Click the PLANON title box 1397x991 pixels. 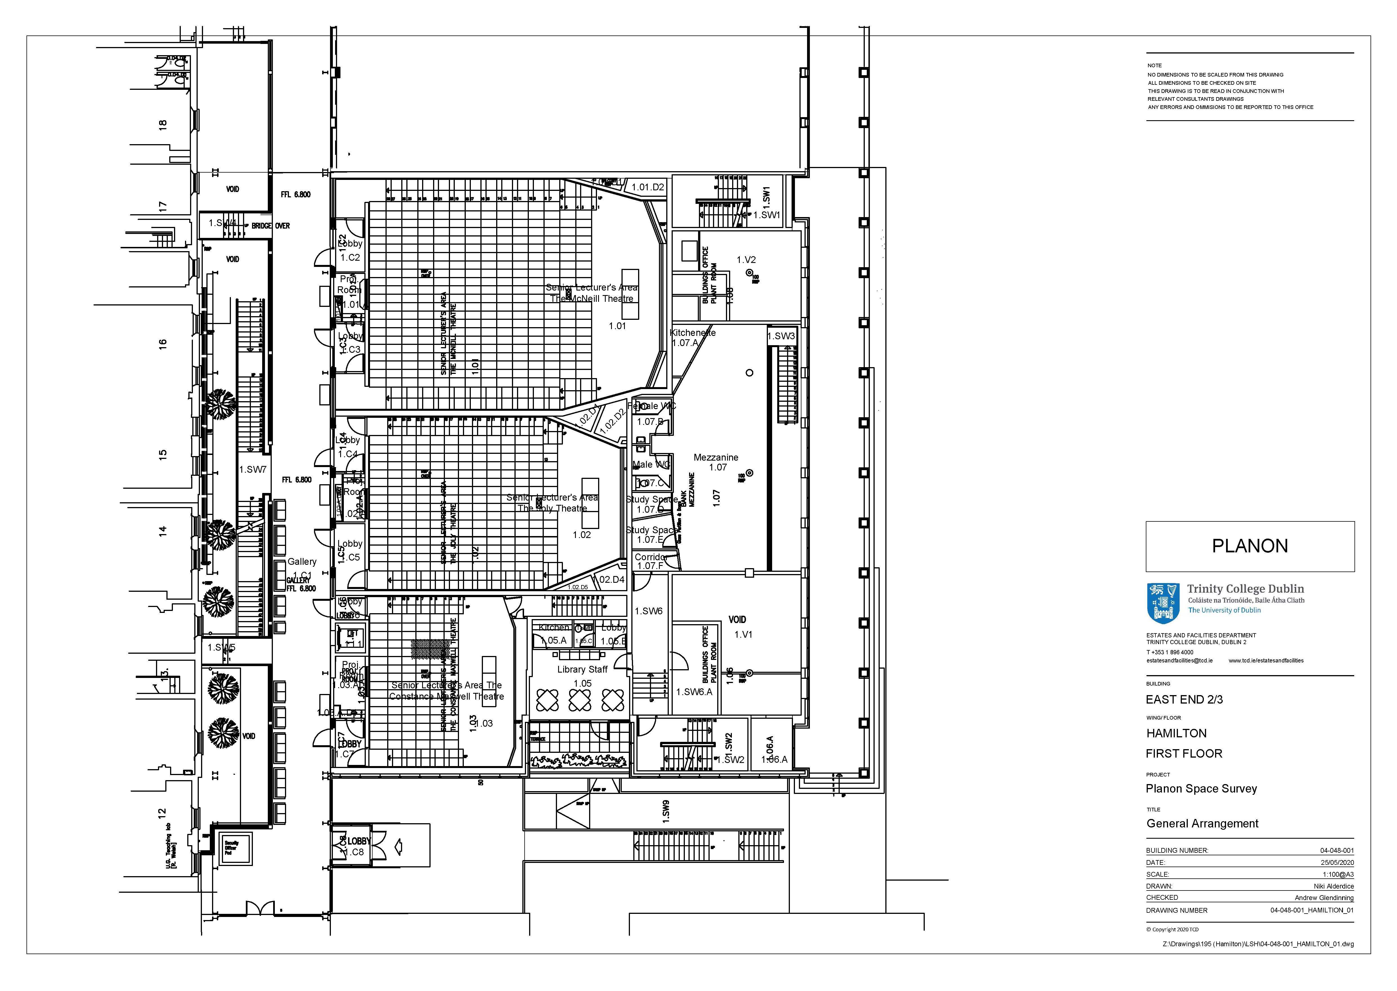click(1249, 546)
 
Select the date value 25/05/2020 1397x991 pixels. click(1336, 862)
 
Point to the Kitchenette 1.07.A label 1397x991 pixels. click(692, 338)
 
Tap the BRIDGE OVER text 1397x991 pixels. click(270, 226)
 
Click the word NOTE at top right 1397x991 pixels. click(1154, 65)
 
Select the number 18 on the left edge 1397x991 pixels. click(162, 124)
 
